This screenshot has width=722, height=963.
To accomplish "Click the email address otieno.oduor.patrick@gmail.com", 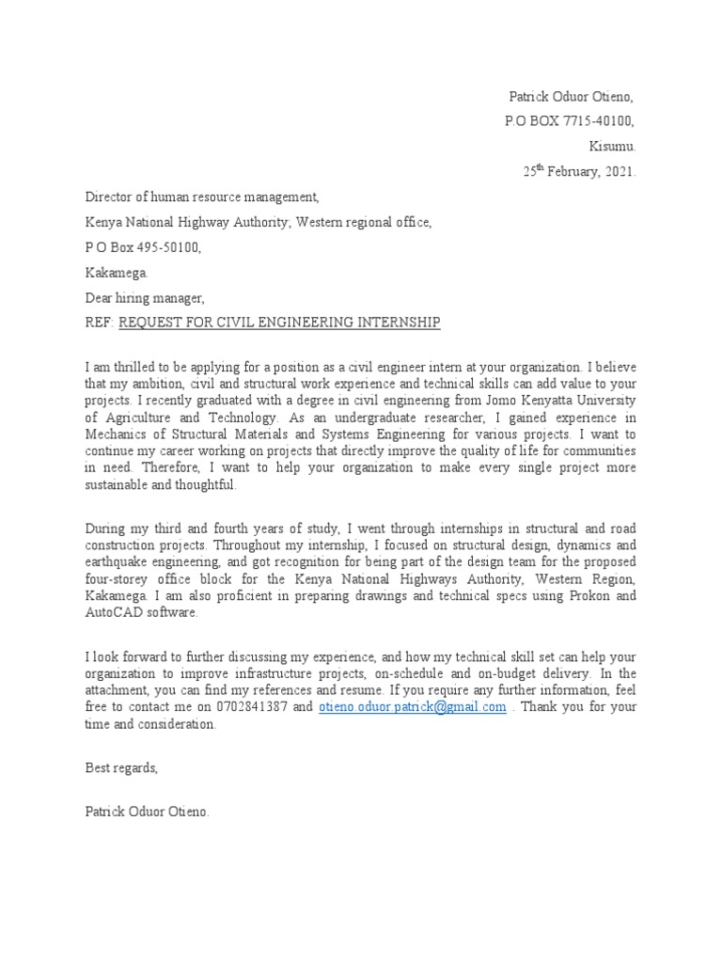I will click(413, 706).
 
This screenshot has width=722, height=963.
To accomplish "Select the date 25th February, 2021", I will click(579, 172).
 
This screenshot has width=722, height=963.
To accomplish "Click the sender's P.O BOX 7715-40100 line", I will click(572, 121).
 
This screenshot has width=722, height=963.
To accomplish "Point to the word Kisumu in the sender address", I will click(612, 147).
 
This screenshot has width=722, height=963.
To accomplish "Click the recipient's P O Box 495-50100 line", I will click(143, 248).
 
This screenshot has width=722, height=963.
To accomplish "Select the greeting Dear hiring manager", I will click(145, 298).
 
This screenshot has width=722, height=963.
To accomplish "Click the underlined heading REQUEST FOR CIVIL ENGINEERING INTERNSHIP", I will click(279, 324).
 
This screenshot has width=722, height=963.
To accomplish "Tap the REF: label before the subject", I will click(100, 324).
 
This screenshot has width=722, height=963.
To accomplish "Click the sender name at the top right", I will click(572, 96).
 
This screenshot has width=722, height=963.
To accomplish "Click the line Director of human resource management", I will click(202, 197).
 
